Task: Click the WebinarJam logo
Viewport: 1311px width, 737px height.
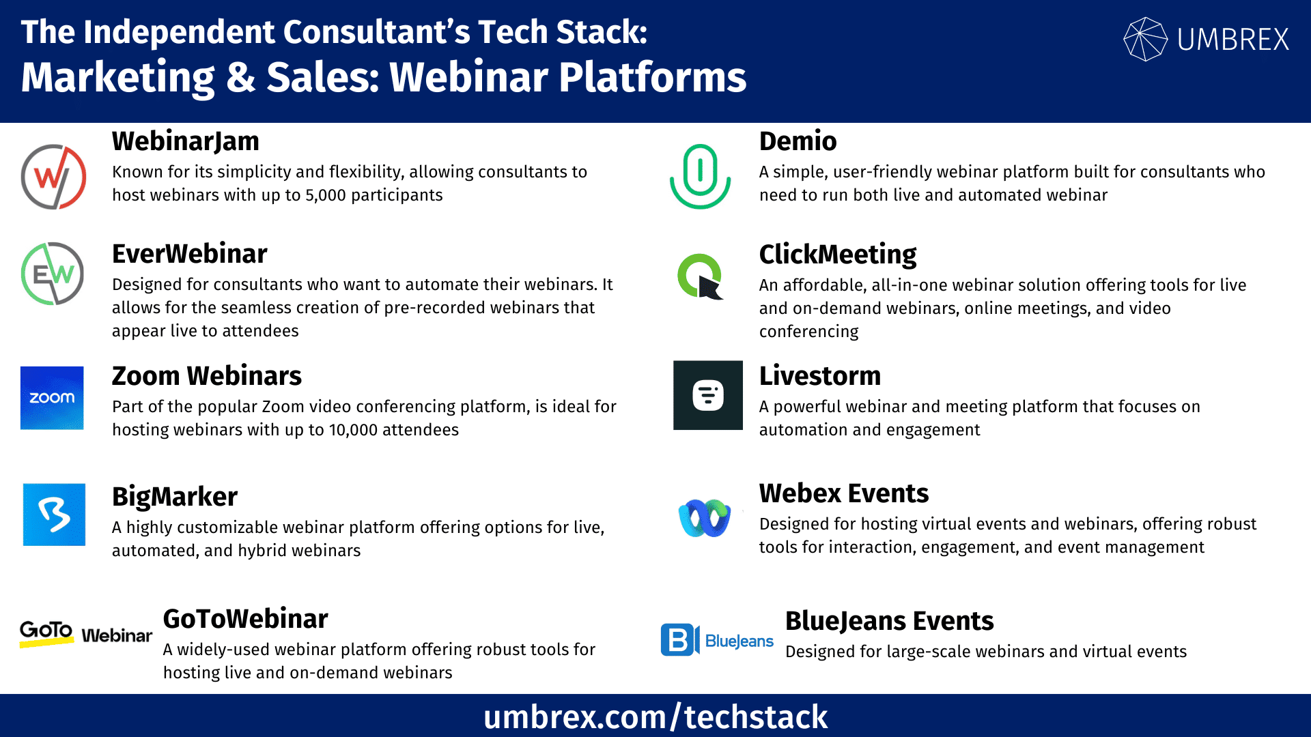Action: (x=53, y=177)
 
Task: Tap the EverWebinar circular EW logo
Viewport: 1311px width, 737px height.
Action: (x=53, y=274)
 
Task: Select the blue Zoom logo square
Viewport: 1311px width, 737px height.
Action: (x=52, y=398)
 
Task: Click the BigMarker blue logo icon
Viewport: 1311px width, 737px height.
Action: (x=54, y=515)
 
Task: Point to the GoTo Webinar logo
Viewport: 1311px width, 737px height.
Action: (x=86, y=634)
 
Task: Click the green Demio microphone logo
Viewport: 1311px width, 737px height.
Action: (x=700, y=176)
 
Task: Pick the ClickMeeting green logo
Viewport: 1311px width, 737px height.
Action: (x=701, y=276)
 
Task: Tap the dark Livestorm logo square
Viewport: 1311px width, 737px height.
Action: (x=708, y=395)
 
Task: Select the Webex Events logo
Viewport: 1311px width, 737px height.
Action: (x=705, y=518)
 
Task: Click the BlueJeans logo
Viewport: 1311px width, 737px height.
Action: (x=717, y=640)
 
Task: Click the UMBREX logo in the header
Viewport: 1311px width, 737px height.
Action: (x=1207, y=39)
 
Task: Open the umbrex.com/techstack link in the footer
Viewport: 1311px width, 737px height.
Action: (x=655, y=717)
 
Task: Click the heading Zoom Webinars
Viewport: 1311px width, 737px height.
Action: (x=207, y=376)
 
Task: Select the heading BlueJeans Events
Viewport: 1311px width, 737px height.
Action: (x=890, y=621)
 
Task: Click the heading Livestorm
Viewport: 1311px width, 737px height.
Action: (x=820, y=376)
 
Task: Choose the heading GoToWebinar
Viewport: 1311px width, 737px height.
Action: (x=246, y=619)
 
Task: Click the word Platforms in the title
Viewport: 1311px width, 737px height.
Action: (x=653, y=76)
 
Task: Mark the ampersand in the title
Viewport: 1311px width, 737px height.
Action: (x=241, y=76)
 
